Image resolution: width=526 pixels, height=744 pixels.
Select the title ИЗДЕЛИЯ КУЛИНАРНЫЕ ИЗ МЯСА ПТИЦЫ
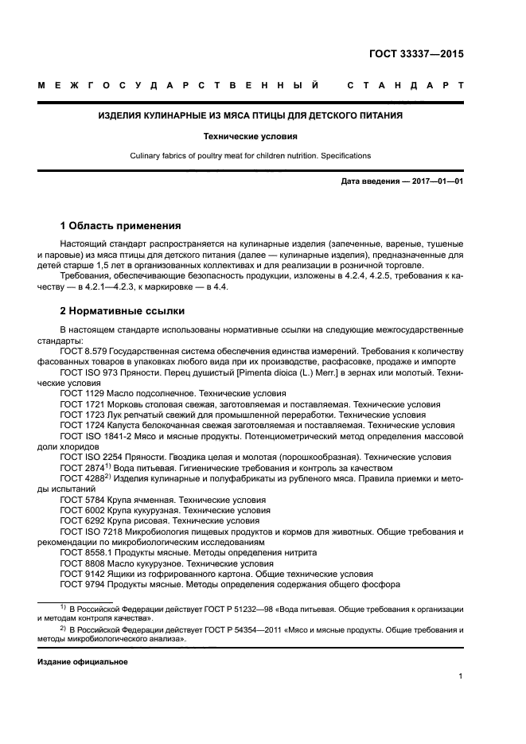click(249, 115)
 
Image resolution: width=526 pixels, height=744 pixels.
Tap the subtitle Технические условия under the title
click(249, 136)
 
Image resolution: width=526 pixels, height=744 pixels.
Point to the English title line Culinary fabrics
click(249, 156)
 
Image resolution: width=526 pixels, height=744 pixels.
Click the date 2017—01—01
click(434, 181)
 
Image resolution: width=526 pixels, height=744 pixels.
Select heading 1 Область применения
click(120, 225)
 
